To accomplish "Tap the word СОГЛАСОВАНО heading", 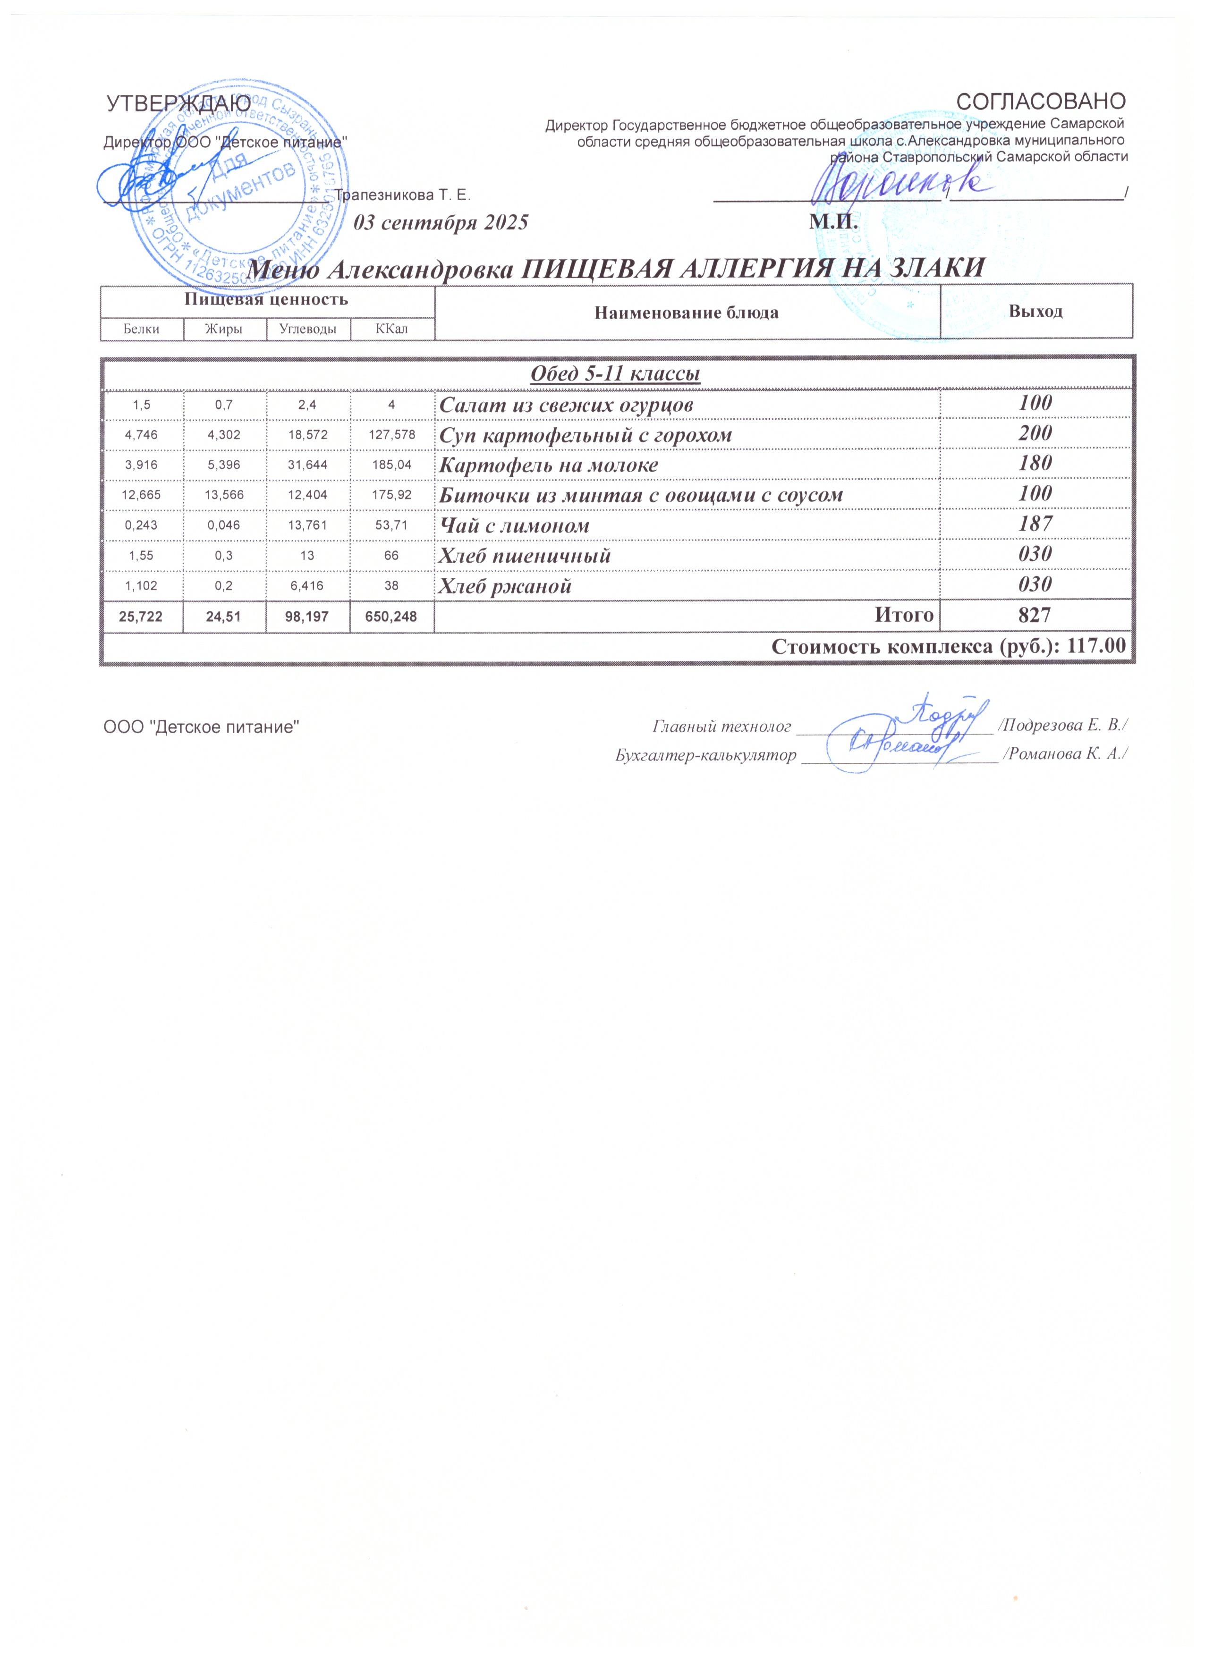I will coord(1041,101).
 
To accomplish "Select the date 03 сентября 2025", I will coord(441,223).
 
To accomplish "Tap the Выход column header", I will coord(1035,312).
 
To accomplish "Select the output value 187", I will coord(1035,524).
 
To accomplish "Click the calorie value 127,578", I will coord(392,435).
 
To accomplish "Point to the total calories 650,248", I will coord(392,617).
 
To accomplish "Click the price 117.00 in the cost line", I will coord(1096,647).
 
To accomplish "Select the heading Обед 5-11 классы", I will coord(615,374).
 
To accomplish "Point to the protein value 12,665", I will coord(141,495).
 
